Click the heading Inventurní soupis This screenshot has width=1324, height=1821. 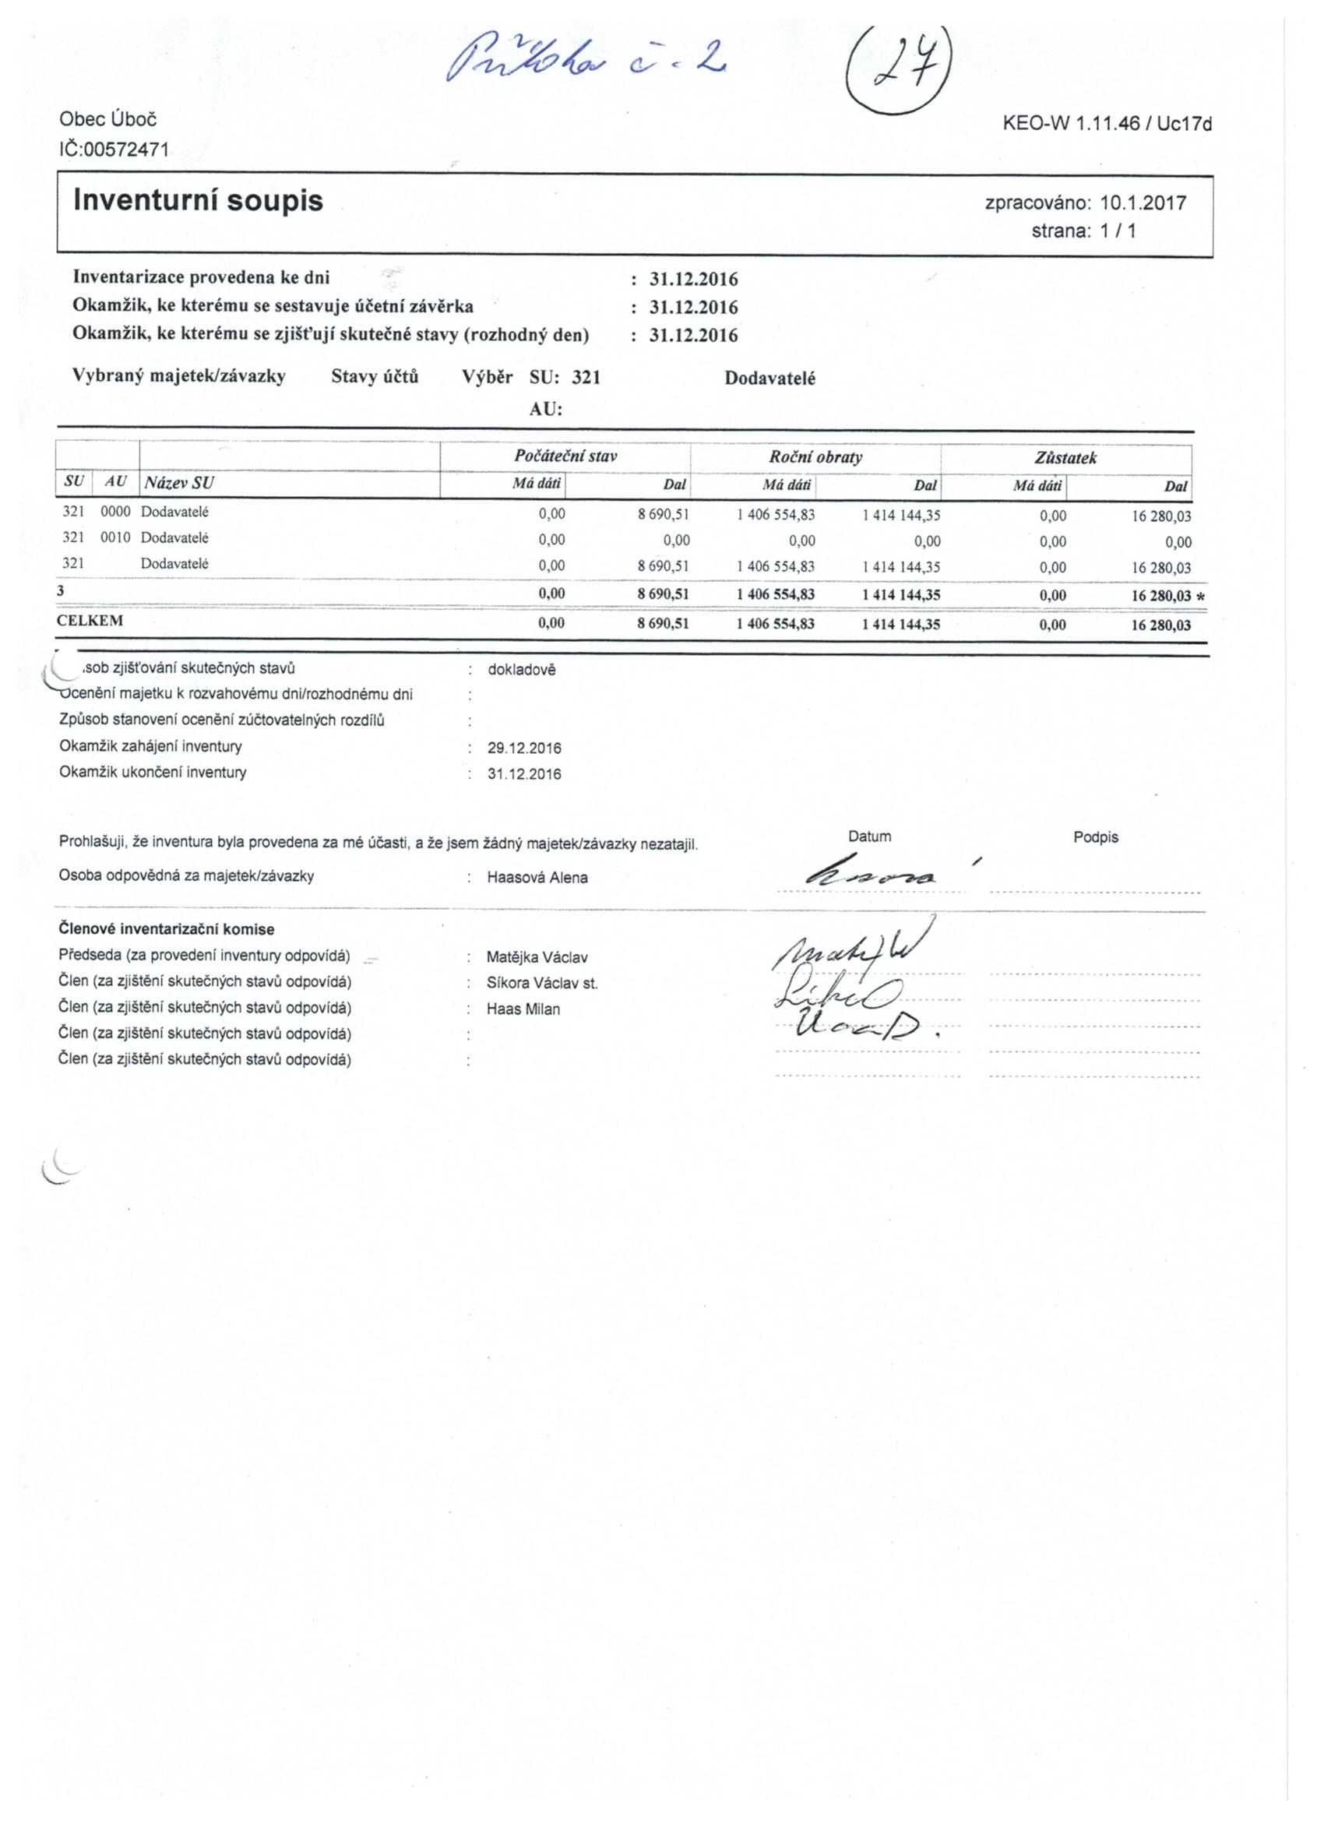pos(198,201)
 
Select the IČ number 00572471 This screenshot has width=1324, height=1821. pos(114,149)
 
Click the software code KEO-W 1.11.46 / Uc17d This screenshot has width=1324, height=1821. pos(1107,124)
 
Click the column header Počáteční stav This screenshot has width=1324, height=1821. pos(565,457)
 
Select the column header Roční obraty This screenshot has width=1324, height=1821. pos(815,458)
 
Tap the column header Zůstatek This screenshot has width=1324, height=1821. pos(1065,459)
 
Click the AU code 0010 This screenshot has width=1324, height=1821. pos(114,538)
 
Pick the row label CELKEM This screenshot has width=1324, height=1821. pos(90,622)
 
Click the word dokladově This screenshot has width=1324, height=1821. pos(521,670)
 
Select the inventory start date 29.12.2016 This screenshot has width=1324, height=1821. pos(524,748)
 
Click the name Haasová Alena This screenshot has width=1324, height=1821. pos(537,878)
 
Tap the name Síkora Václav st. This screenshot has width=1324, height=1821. pos(542,983)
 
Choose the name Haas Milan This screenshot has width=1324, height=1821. pos(523,1009)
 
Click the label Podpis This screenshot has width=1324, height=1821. pos(1095,837)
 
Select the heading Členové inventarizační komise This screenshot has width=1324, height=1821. pos(166,930)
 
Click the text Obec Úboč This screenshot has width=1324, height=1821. pos(107,120)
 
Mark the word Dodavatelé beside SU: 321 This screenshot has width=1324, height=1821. pos(769,379)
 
